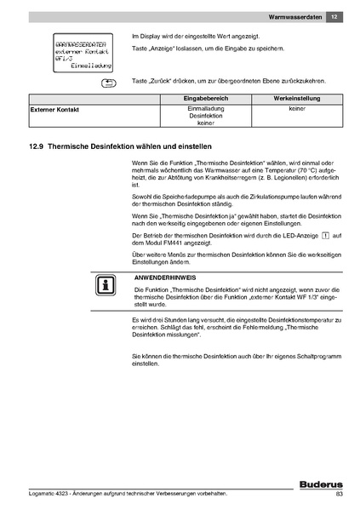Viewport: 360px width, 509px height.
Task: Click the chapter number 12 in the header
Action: click(x=334, y=17)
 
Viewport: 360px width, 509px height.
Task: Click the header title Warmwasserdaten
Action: click(x=294, y=17)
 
